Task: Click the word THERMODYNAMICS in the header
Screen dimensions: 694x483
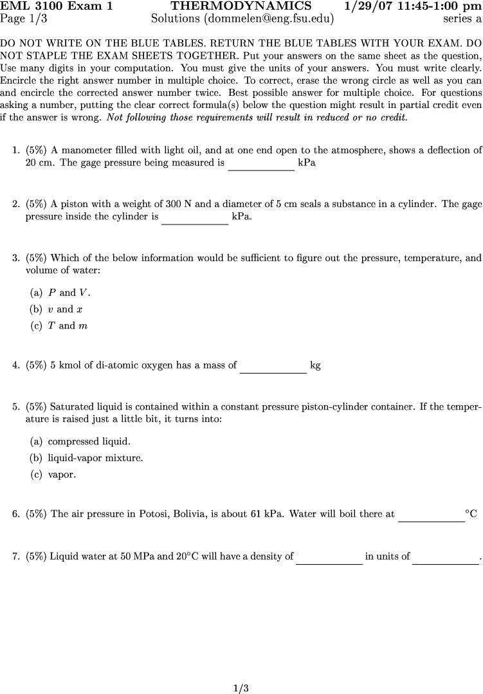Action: point(241,6)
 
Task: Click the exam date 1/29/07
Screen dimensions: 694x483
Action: point(367,6)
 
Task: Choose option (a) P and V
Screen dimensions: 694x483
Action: point(60,293)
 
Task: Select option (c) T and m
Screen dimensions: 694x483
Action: point(59,326)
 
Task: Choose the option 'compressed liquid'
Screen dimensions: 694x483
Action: point(80,442)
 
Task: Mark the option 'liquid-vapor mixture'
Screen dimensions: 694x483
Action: point(87,459)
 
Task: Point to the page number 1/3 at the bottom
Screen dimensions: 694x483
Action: point(241,688)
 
